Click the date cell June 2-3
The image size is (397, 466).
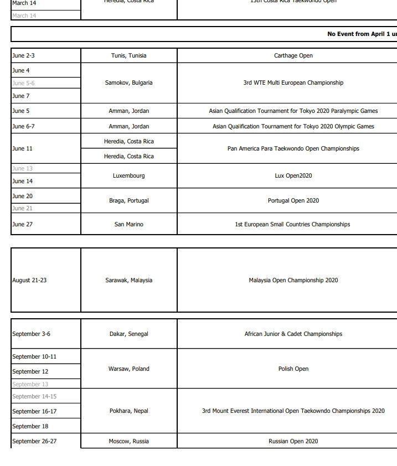click(23, 55)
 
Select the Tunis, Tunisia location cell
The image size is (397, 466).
click(129, 55)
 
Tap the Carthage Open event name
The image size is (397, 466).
click(293, 55)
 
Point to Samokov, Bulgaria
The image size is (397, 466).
click(129, 82)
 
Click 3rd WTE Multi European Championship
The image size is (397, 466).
click(293, 82)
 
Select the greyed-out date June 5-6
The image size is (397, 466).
click(23, 83)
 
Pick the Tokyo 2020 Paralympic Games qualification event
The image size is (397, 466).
click(293, 111)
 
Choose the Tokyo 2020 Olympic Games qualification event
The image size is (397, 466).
click(293, 126)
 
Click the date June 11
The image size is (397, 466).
click(23, 148)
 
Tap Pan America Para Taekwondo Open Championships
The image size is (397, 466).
click(293, 148)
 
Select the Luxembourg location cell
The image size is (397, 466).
click(129, 175)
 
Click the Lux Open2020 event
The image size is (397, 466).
click(293, 175)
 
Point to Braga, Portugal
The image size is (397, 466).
click(129, 200)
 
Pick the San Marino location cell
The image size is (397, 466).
click(129, 224)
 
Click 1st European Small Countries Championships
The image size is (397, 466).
click(292, 224)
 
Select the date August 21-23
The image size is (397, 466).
click(29, 280)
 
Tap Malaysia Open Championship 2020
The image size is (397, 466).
click(293, 280)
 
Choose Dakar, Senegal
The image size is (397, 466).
click(129, 334)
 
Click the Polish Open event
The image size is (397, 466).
click(293, 369)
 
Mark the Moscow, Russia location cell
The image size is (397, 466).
click(129, 441)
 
